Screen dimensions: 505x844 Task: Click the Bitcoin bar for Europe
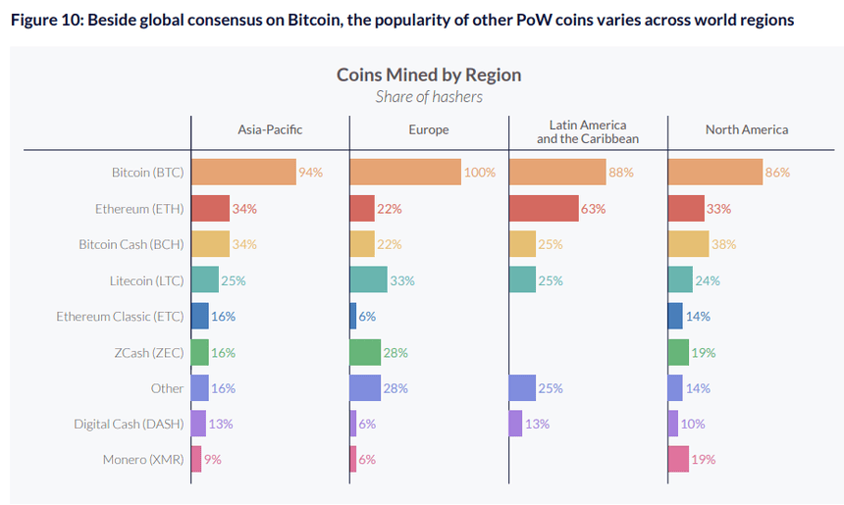[x=404, y=173]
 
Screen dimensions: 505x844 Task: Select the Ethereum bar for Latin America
[x=543, y=209]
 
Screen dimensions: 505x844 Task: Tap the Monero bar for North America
[x=678, y=459]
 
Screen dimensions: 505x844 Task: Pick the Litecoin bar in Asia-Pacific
[x=204, y=280]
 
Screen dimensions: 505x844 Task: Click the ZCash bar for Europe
[x=365, y=352]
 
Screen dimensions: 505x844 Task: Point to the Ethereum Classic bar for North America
[x=674, y=316]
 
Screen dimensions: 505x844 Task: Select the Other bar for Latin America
[x=522, y=387]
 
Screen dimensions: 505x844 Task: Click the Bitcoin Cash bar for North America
[x=688, y=244]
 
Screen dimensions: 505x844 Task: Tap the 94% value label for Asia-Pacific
[x=311, y=173]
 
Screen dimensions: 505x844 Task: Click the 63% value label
[x=593, y=209]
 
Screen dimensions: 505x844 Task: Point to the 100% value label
[x=480, y=173]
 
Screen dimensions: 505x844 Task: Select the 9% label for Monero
[x=213, y=459]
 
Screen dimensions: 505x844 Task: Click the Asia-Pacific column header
[x=270, y=129]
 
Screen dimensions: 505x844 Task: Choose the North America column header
[x=746, y=129]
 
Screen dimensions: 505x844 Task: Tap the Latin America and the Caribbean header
[x=587, y=131]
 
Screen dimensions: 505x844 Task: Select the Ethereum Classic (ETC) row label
[x=120, y=316]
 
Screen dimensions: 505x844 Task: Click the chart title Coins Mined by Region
[x=429, y=76]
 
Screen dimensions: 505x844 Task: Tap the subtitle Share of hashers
[x=429, y=96]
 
